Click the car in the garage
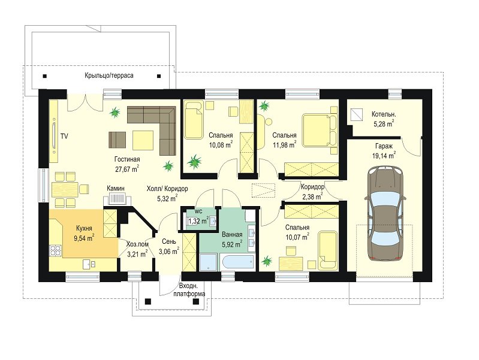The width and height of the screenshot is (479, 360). [385, 214]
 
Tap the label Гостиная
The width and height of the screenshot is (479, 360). [127, 159]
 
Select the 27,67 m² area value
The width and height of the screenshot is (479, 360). [127, 169]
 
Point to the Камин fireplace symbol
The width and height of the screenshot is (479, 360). [118, 199]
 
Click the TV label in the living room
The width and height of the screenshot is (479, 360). [64, 136]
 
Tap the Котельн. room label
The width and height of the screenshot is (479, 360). [384, 114]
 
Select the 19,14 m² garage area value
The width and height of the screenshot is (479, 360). [384, 155]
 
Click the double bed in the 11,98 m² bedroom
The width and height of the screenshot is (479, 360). [320, 131]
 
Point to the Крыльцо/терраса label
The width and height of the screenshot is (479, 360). [109, 75]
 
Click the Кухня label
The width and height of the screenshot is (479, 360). [84, 228]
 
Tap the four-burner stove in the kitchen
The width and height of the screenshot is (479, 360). [56, 251]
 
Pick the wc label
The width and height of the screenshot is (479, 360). [198, 211]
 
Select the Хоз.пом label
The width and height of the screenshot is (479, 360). [137, 244]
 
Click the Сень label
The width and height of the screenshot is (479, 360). [169, 241]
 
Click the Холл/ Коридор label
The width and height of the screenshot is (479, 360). [167, 189]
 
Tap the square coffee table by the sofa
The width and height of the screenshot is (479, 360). [143, 140]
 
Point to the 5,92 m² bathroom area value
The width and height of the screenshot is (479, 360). [232, 244]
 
